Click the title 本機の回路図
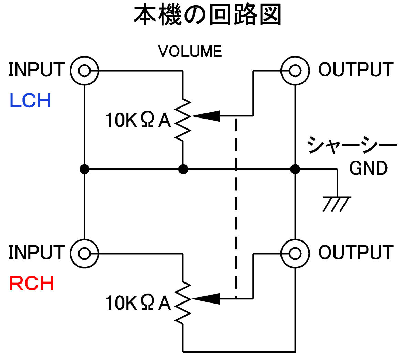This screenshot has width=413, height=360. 207,16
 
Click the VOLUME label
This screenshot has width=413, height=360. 190,52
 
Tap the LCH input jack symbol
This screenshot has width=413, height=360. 84,71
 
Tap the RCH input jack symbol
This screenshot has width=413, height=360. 84,254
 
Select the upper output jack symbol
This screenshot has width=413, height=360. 295,71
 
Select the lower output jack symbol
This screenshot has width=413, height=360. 295,254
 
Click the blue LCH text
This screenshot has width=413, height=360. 30,101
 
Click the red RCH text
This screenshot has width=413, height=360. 31,284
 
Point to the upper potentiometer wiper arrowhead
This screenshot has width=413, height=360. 206,116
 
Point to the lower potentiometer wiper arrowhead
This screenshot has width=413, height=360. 206,299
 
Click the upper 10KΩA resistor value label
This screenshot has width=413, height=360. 138,121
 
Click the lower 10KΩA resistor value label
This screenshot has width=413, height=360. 138,303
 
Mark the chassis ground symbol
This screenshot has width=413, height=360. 337,203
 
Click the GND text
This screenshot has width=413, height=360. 368,168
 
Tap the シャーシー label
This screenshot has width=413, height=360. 352,145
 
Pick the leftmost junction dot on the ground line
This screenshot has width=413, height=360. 84,169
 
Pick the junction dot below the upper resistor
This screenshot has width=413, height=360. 183,169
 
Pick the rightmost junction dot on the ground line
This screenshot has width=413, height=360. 295,169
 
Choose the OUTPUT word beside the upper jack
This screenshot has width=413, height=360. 356,70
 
